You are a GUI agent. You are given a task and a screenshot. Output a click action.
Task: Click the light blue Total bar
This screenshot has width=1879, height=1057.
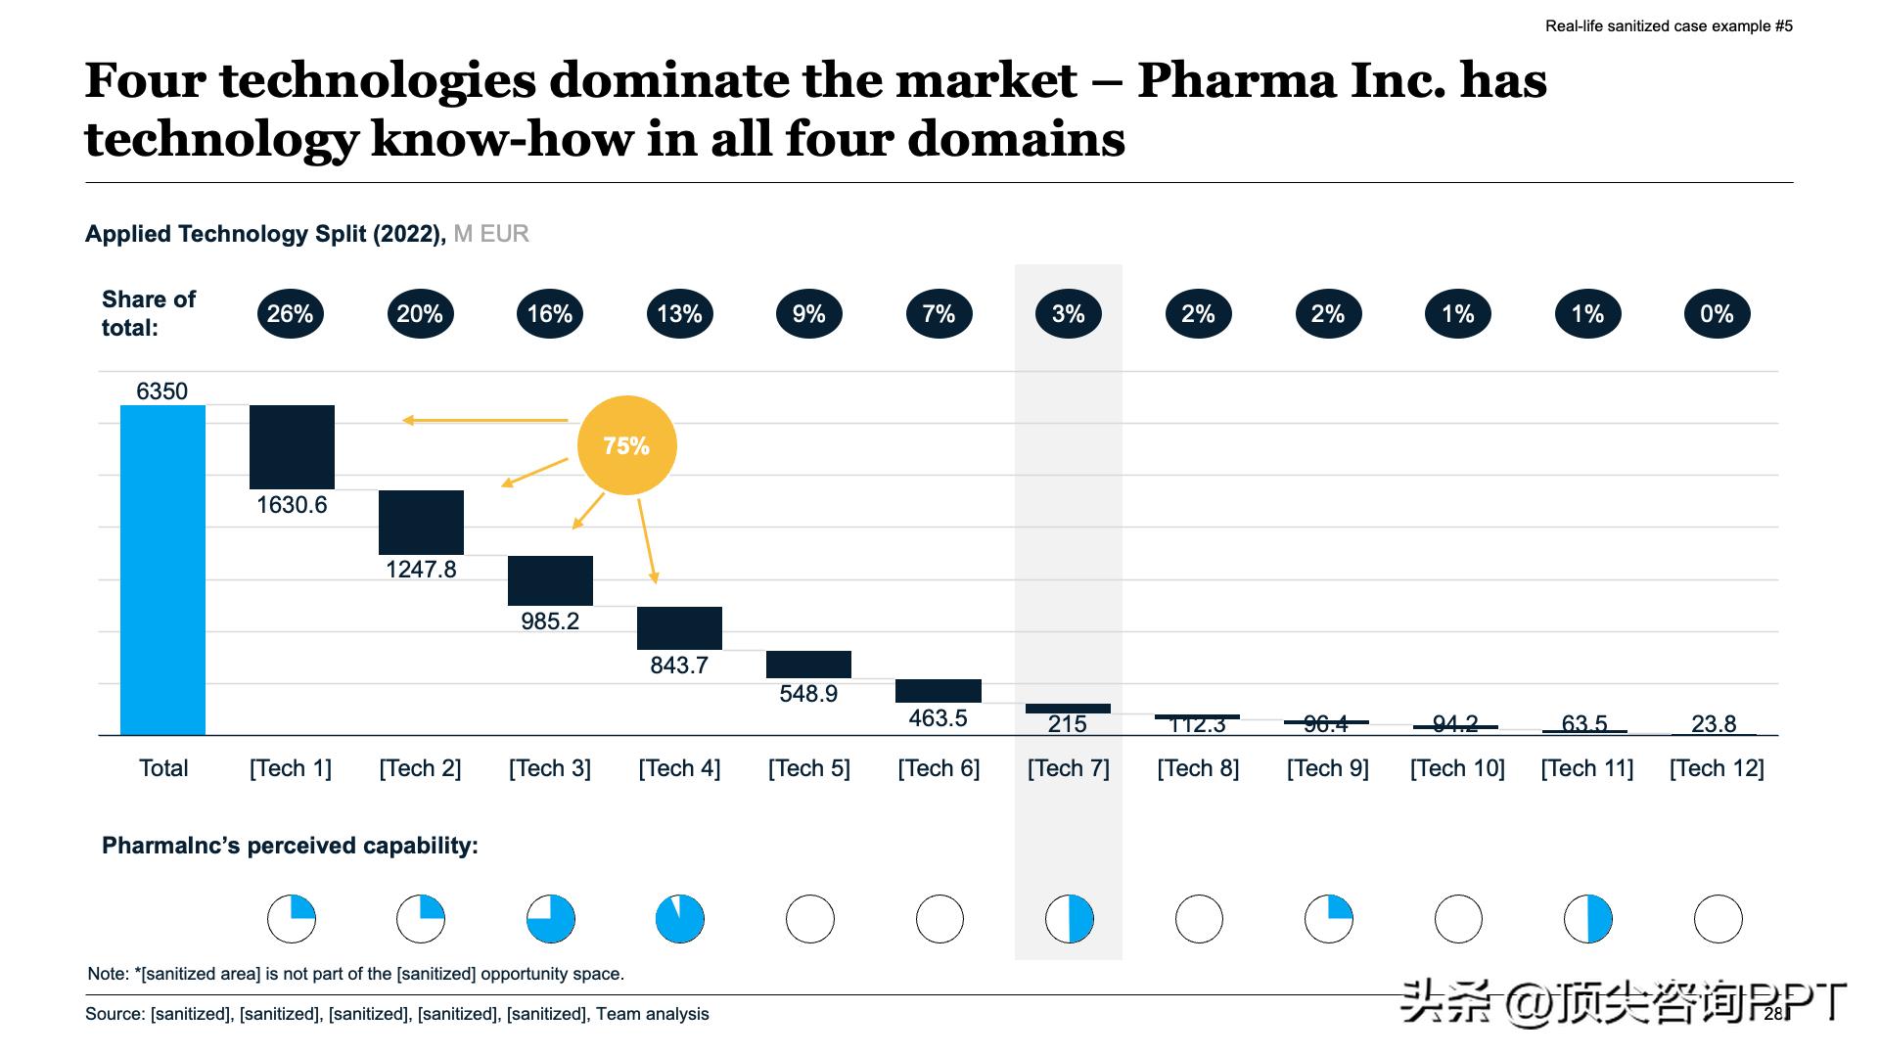tap(162, 570)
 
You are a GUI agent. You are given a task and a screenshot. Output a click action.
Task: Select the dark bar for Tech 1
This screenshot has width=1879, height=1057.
tap(292, 446)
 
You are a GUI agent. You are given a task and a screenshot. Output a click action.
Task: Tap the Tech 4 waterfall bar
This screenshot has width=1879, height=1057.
tap(679, 627)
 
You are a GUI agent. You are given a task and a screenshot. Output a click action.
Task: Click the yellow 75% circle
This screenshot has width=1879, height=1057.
tap(626, 445)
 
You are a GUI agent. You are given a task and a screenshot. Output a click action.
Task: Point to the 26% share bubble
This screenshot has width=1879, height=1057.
tap(290, 314)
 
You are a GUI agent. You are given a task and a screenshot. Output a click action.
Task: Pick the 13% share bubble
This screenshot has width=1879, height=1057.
tap(679, 314)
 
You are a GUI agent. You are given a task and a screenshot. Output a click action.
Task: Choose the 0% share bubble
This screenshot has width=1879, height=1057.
tap(1717, 314)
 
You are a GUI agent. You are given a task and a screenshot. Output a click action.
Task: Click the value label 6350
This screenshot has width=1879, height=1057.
tap(161, 391)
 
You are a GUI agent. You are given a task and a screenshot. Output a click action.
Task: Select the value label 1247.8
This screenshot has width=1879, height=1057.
tap(421, 570)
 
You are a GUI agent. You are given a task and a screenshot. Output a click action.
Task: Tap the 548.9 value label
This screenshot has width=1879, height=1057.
tap(808, 694)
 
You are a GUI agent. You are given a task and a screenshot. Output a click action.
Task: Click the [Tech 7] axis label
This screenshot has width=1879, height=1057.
tap(1069, 768)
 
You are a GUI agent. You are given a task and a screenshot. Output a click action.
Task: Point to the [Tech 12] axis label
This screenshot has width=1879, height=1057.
tap(1717, 768)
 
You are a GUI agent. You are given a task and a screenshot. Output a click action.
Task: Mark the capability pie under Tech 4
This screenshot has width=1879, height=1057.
tap(680, 919)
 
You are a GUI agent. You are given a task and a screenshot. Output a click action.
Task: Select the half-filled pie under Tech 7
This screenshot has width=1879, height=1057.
tap(1070, 919)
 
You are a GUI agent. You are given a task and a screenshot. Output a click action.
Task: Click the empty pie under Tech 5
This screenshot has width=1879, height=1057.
tap(810, 919)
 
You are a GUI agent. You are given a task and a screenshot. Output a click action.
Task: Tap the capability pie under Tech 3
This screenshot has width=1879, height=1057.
tap(551, 919)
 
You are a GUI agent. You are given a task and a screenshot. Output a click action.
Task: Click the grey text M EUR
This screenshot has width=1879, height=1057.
tap(491, 234)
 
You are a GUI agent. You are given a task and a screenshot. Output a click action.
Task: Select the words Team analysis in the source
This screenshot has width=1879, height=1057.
tap(653, 1014)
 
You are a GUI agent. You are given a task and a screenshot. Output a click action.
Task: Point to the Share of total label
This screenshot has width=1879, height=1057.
tap(149, 313)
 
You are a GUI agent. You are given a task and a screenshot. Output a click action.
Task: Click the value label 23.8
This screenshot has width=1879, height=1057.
tap(1714, 724)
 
